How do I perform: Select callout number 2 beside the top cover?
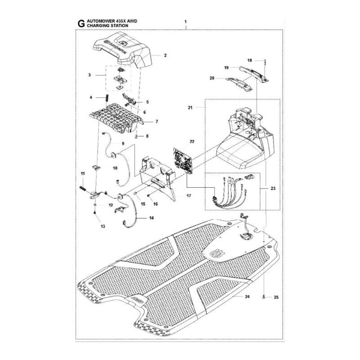click(153, 55)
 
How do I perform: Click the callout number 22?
click(192, 142)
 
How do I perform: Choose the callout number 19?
click(227, 67)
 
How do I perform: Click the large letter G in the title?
click(81, 24)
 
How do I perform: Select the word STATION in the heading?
click(118, 27)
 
